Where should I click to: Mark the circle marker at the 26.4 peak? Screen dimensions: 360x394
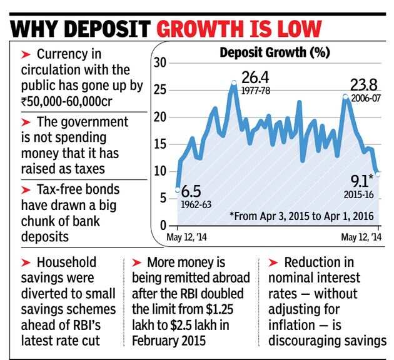pyautogui.click(x=234, y=82)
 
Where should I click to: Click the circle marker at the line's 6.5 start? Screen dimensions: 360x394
pyautogui.click(x=178, y=189)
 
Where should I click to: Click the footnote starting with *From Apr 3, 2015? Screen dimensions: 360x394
pyautogui.click(x=301, y=217)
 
